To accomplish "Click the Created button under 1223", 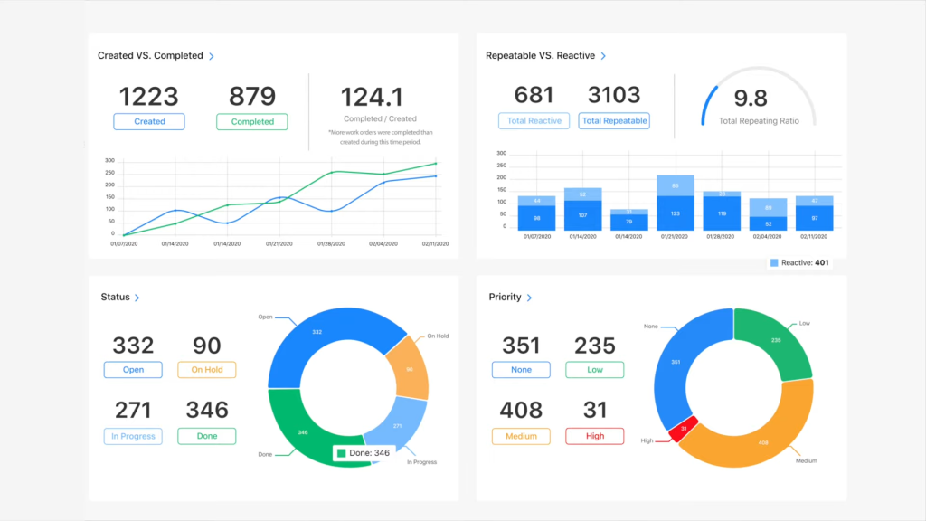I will coord(149,121).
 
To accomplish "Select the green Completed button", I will coord(252,121).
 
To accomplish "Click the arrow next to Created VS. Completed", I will coord(212,56).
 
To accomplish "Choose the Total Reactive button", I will coord(534,120).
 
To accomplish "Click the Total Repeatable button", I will coord(614,120).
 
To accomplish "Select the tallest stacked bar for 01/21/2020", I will coord(676,203).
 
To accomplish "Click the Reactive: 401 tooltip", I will coord(798,262).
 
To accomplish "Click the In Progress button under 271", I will coord(133,436).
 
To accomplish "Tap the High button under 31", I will coord(594,436).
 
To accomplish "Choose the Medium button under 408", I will coord(521,436).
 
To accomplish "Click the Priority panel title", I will coord(505,297).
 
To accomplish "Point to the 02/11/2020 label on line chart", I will coord(435,244).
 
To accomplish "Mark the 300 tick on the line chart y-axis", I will coord(109,161).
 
